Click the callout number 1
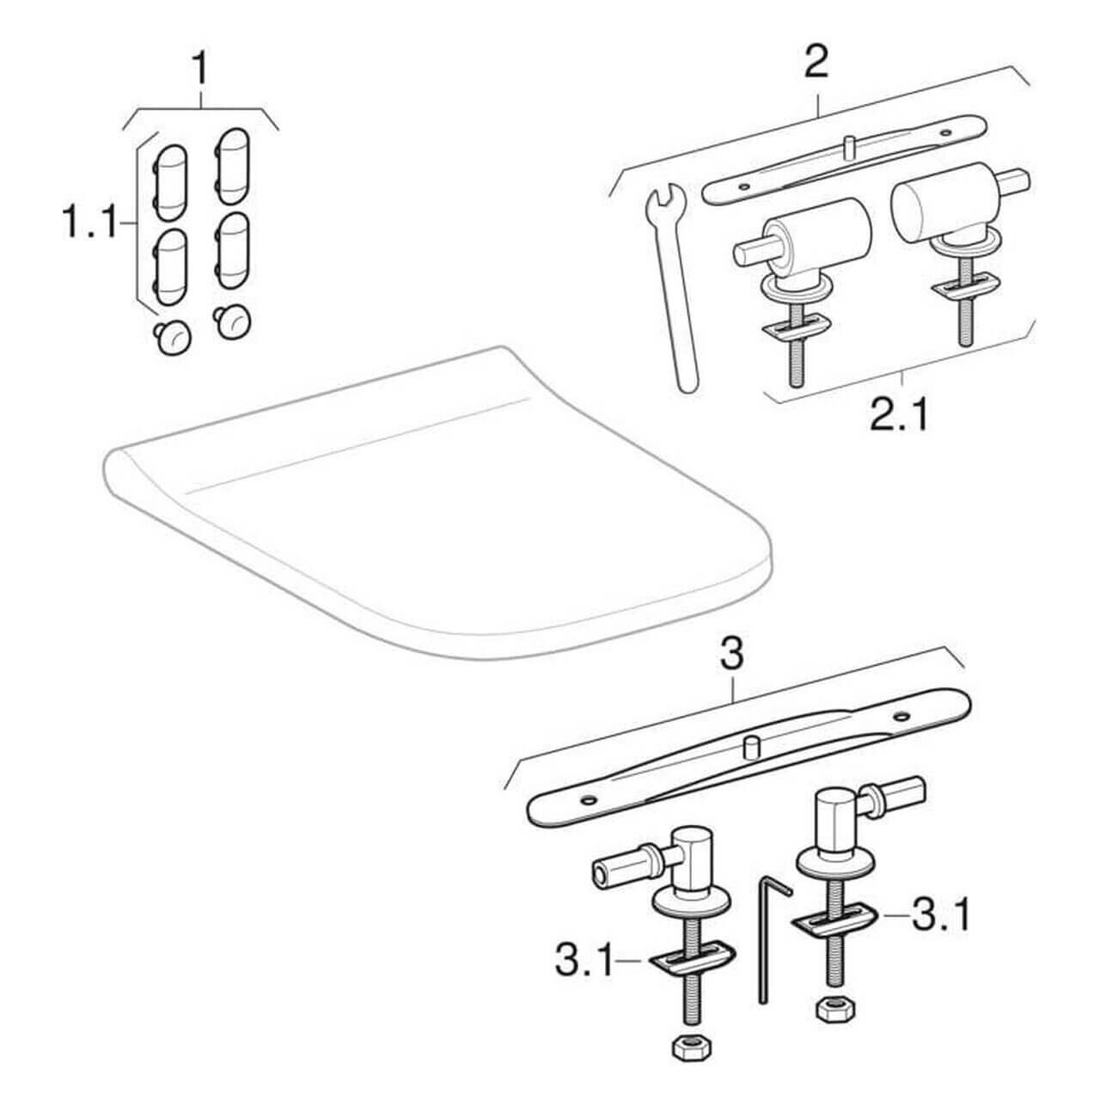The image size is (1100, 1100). click(x=200, y=69)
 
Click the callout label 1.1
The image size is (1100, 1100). click(x=88, y=224)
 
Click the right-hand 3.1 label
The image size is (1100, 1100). click(x=941, y=916)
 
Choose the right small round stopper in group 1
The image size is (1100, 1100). click(x=232, y=322)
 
